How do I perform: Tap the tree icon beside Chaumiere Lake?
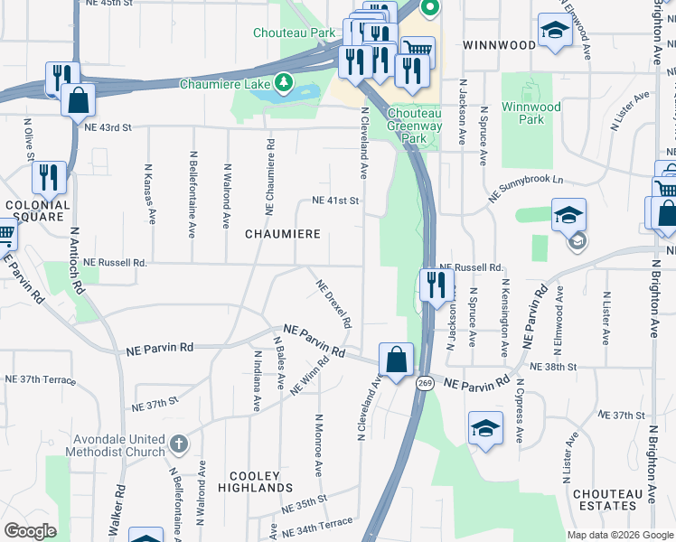[x=285, y=83]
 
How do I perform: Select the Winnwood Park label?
[x=530, y=113]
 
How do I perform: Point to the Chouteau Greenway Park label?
[x=418, y=126]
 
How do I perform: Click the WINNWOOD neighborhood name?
[x=499, y=44]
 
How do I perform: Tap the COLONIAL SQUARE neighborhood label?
[x=36, y=211]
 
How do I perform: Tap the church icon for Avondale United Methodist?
[x=179, y=444]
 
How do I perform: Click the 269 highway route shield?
[x=425, y=384]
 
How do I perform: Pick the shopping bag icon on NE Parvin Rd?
[x=396, y=360]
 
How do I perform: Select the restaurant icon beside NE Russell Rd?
[x=437, y=285]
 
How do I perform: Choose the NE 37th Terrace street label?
[x=41, y=379]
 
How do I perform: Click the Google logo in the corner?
[x=30, y=530]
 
